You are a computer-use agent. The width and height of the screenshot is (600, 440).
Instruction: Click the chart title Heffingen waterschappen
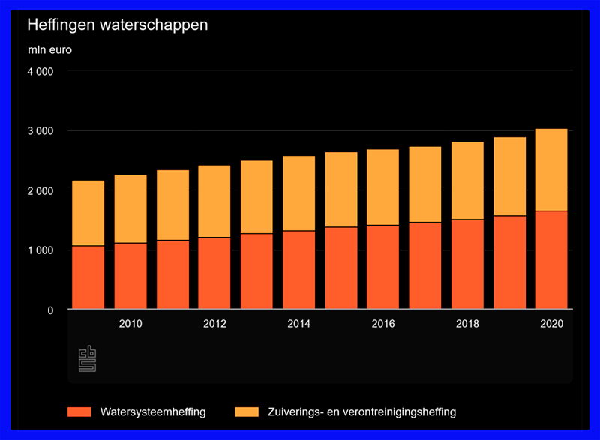(x=118, y=25)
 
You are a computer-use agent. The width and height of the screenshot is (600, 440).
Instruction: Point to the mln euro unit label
(x=50, y=51)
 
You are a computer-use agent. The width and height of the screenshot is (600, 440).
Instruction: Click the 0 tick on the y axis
(x=49, y=310)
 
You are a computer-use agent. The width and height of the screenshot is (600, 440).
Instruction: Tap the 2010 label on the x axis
(x=130, y=324)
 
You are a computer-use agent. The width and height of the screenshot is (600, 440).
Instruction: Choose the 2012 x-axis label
(x=214, y=324)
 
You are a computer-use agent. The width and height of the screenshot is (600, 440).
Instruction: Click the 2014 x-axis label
(x=298, y=324)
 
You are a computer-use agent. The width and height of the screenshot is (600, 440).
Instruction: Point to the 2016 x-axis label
(x=382, y=324)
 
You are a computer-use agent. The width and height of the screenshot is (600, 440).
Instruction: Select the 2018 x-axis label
(x=467, y=324)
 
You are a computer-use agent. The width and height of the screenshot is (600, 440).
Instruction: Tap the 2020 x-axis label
(x=551, y=324)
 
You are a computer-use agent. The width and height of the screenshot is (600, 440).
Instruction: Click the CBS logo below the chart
(x=88, y=359)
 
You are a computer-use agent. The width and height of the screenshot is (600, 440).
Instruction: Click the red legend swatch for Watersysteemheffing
(x=79, y=412)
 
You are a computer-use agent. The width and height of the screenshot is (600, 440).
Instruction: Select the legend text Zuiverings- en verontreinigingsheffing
(x=362, y=412)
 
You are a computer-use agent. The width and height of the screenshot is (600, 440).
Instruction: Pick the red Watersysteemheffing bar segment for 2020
(x=551, y=259)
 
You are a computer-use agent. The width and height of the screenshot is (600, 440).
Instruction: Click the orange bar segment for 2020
(x=551, y=169)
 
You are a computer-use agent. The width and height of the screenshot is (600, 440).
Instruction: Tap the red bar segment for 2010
(x=130, y=275)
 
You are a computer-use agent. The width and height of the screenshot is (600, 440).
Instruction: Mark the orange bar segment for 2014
(x=298, y=193)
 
